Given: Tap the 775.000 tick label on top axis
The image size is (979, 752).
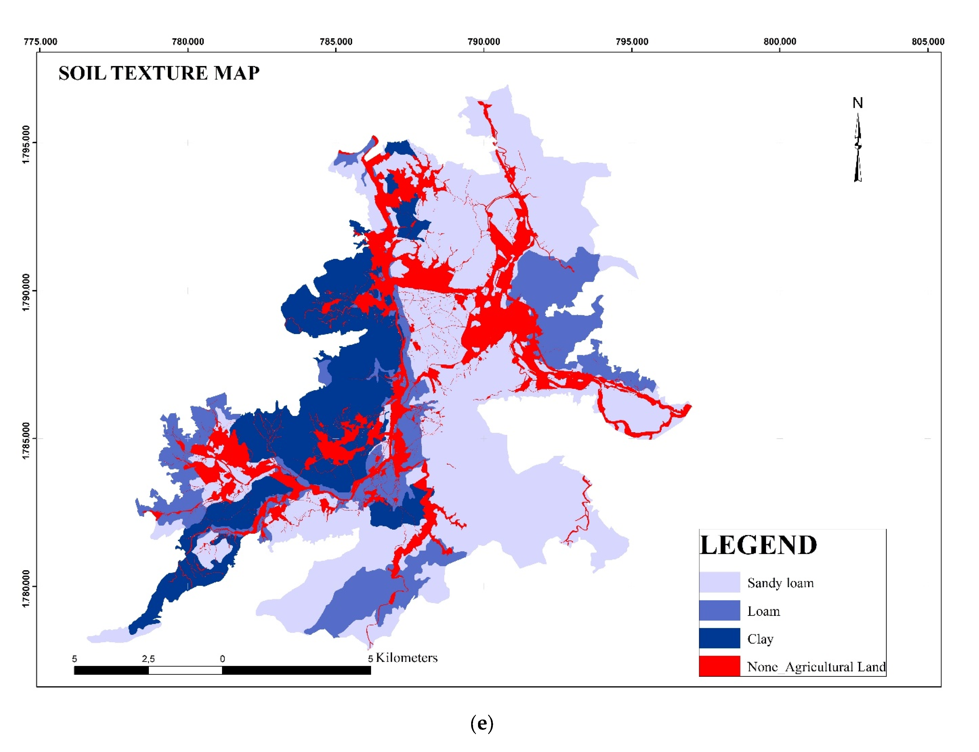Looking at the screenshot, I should coord(40,42).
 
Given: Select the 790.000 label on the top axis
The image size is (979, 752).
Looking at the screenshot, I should coord(484,42).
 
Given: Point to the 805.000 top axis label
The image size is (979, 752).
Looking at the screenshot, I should coord(928,42).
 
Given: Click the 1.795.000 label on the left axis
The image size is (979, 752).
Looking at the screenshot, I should coord(26,144).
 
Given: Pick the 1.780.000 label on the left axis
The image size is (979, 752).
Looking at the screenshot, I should coord(26,588).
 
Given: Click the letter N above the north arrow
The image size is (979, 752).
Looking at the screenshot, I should coord(857,103).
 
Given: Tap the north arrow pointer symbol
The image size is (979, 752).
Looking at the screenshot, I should coord(857,148).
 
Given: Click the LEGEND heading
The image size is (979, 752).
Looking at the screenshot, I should coord(758,545).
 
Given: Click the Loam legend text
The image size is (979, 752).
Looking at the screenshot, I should coord(763,611).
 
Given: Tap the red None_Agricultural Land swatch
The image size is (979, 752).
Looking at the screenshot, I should coord(719,666).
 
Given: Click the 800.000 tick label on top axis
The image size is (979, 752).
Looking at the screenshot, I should coord(779,42).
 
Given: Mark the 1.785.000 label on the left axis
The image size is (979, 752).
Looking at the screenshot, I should coord(26,440).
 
